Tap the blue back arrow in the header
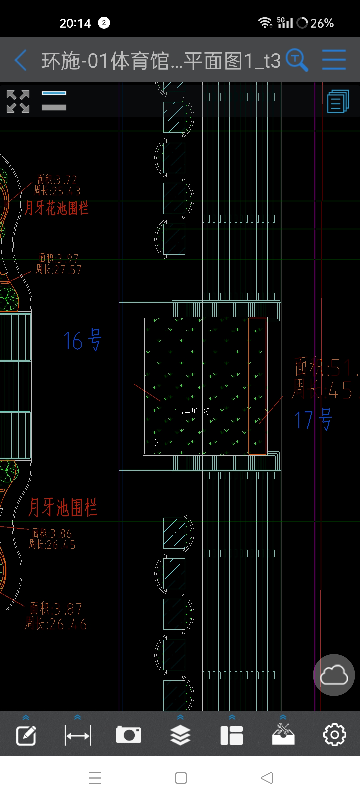(21, 60)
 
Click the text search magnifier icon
(296, 60)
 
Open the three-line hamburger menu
(334, 60)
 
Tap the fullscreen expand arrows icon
(18, 101)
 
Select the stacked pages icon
(338, 101)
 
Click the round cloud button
(334, 675)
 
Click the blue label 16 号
(82, 340)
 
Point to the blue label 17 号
(313, 419)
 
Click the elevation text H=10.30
(194, 411)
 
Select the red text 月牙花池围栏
(57, 208)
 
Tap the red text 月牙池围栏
(63, 507)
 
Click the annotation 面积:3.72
(57, 180)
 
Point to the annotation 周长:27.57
(59, 269)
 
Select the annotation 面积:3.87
(56, 609)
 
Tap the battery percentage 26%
(322, 23)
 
